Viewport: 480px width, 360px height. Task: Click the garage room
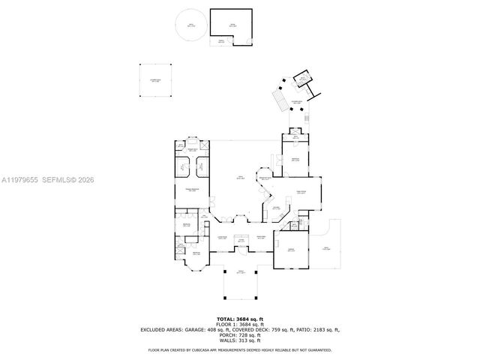point(292,250)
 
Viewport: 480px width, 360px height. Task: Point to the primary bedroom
point(194,191)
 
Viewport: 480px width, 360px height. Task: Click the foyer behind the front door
point(241,241)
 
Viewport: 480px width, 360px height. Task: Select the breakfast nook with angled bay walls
point(264,178)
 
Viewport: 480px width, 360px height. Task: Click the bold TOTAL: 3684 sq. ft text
point(240,318)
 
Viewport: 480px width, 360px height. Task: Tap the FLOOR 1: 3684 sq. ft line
point(240,324)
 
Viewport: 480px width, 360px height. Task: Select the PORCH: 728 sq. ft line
point(240,335)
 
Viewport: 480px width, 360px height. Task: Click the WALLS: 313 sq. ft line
point(240,341)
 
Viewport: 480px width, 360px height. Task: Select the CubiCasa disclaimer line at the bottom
point(240,349)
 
